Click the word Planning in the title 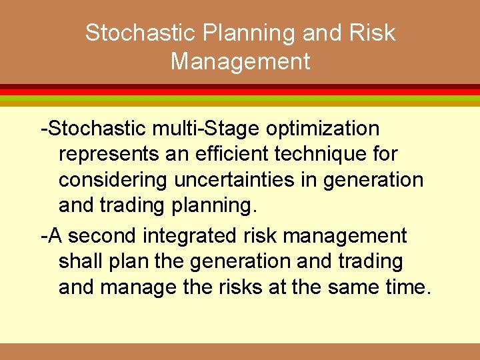click(x=227, y=33)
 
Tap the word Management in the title click(x=240, y=61)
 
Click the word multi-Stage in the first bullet click(x=189, y=128)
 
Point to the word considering click(x=113, y=181)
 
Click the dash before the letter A click(x=44, y=236)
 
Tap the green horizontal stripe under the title click(x=240, y=98)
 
